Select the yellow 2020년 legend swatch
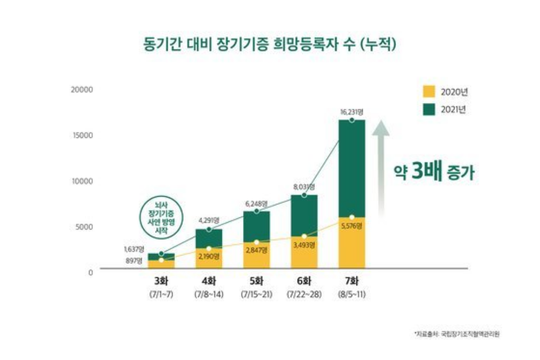pyautogui.click(x=430, y=92)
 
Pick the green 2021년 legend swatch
pyautogui.click(x=430, y=109)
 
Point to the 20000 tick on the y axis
pyautogui.click(x=82, y=89)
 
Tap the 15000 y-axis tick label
pyautogui.click(x=82, y=135)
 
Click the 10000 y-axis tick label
pyautogui.click(x=82, y=181)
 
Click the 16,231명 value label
pyautogui.click(x=352, y=111)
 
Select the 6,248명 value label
pyautogui.click(x=256, y=203)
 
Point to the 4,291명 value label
pyautogui.click(x=209, y=220)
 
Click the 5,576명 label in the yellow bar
pyautogui.click(x=352, y=226)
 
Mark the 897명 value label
pyautogui.click(x=134, y=261)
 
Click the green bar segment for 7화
pyautogui.click(x=352, y=169)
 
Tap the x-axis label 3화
pyautogui.click(x=161, y=282)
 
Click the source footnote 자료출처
pyautogui.click(x=456, y=334)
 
